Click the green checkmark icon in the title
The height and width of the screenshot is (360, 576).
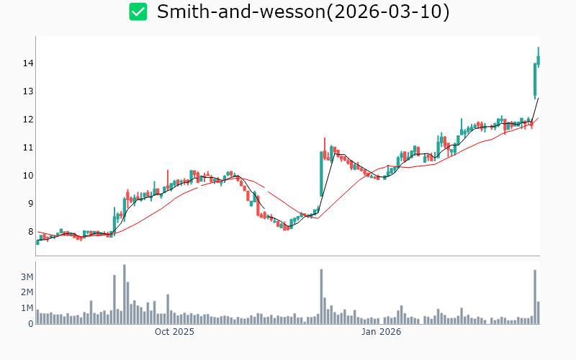[x=138, y=12]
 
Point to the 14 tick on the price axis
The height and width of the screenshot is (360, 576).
[x=28, y=63]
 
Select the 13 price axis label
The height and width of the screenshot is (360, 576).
[x=28, y=91]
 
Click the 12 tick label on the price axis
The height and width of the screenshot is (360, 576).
[x=28, y=120]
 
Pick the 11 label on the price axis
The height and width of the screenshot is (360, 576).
[x=28, y=148]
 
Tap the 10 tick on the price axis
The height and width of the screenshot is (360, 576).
[x=28, y=176]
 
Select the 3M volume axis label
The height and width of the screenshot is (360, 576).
[x=26, y=277]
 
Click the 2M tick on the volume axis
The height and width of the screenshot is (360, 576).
[x=26, y=292]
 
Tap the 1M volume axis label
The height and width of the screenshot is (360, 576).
[x=26, y=308]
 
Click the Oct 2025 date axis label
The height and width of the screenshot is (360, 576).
[x=174, y=332]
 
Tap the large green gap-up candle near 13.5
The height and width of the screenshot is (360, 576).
[x=535, y=80]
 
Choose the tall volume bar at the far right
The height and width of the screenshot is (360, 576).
[x=535, y=297]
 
